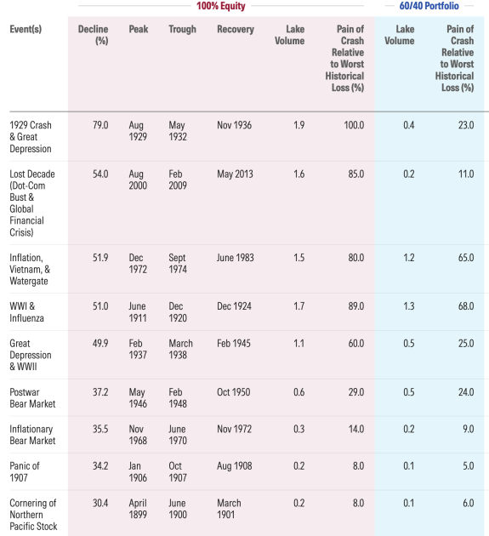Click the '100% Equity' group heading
pyautogui.click(x=221, y=6)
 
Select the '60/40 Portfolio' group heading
pyautogui.click(x=429, y=6)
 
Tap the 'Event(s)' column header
pyautogui.click(x=26, y=29)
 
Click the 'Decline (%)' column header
pyautogui.click(x=93, y=35)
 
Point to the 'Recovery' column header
pyautogui.click(x=236, y=30)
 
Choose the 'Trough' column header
pyautogui.click(x=183, y=30)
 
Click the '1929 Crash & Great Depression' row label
pyautogui.click(x=31, y=137)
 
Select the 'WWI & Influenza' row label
pyautogui.click(x=26, y=312)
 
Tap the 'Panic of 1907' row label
pyautogui.click(x=25, y=471)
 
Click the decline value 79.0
pyautogui.click(x=100, y=125)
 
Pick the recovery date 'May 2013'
pyautogui.click(x=235, y=174)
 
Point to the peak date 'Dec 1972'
pyautogui.click(x=138, y=263)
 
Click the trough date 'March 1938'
pyautogui.click(x=181, y=349)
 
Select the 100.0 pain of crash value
pyautogui.click(x=354, y=125)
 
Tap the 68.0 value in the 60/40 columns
pyautogui.click(x=466, y=306)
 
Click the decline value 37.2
pyautogui.click(x=100, y=392)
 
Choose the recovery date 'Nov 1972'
pyautogui.click(x=235, y=429)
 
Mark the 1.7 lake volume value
pyautogui.click(x=299, y=306)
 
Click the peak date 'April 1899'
pyautogui.click(x=138, y=509)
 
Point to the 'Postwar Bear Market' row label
pyautogui.click(x=32, y=398)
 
